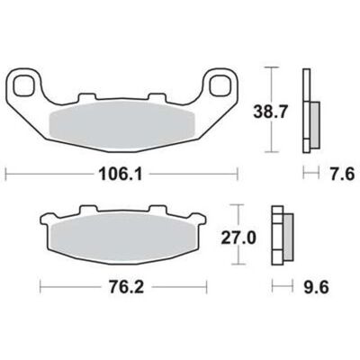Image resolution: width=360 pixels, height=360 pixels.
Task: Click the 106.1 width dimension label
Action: click(121, 174)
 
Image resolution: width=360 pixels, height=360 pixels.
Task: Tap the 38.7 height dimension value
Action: click(271, 112)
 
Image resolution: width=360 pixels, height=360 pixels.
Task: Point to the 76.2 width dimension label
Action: click(127, 287)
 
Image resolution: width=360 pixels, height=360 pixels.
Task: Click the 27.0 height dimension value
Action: click(238, 238)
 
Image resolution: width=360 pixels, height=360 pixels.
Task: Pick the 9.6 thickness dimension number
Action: click(316, 287)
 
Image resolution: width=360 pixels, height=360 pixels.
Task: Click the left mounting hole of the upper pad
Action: click(23, 85)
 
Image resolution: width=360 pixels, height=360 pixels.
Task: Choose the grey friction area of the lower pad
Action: click(123, 238)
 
